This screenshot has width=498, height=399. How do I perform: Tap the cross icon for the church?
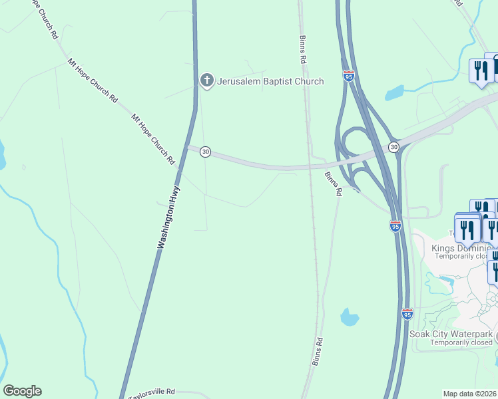click(x=206, y=82)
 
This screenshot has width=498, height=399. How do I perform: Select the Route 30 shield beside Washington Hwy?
click(x=205, y=152)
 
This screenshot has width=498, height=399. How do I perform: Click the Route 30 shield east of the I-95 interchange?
click(x=393, y=146)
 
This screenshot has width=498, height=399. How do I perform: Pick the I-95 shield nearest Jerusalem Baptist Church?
click(x=349, y=76)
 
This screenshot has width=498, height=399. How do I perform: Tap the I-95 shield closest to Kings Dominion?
click(x=395, y=226)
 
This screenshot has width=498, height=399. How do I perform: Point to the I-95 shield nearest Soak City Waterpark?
click(x=407, y=313)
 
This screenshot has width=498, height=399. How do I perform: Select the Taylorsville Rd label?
click(x=151, y=392)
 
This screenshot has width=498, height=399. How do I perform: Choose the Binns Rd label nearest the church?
click(x=303, y=50)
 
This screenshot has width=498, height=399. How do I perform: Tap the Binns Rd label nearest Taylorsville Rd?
click(x=318, y=351)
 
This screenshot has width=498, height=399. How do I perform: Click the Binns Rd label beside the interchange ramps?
click(x=333, y=183)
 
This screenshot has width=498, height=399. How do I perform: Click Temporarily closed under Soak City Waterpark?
click(x=461, y=342)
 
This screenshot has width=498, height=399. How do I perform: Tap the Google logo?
click(x=22, y=391)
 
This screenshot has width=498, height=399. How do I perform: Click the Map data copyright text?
click(x=469, y=394)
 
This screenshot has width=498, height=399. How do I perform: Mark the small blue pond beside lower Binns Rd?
click(x=349, y=317)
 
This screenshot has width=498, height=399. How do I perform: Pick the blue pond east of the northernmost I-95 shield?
click(x=394, y=92)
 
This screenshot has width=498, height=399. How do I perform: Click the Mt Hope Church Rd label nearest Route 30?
click(x=152, y=139)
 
